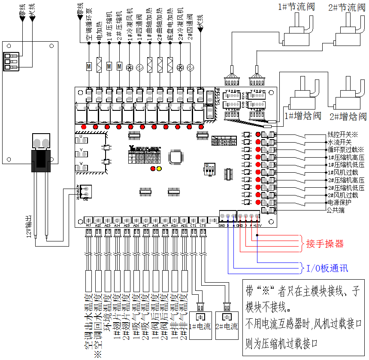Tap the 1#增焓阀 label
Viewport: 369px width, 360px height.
302,116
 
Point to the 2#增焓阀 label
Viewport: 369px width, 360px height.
348,116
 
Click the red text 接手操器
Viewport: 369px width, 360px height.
325,244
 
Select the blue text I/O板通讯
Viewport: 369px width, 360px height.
327,268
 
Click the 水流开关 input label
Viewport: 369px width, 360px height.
339,142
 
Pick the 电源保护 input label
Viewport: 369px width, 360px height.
339,202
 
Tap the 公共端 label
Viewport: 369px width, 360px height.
336,210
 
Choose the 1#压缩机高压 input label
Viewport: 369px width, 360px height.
345,157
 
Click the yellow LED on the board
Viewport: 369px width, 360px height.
159,169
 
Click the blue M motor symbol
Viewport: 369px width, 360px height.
89,66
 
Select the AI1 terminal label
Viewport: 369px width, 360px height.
88,225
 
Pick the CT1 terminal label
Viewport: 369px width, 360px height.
194,225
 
